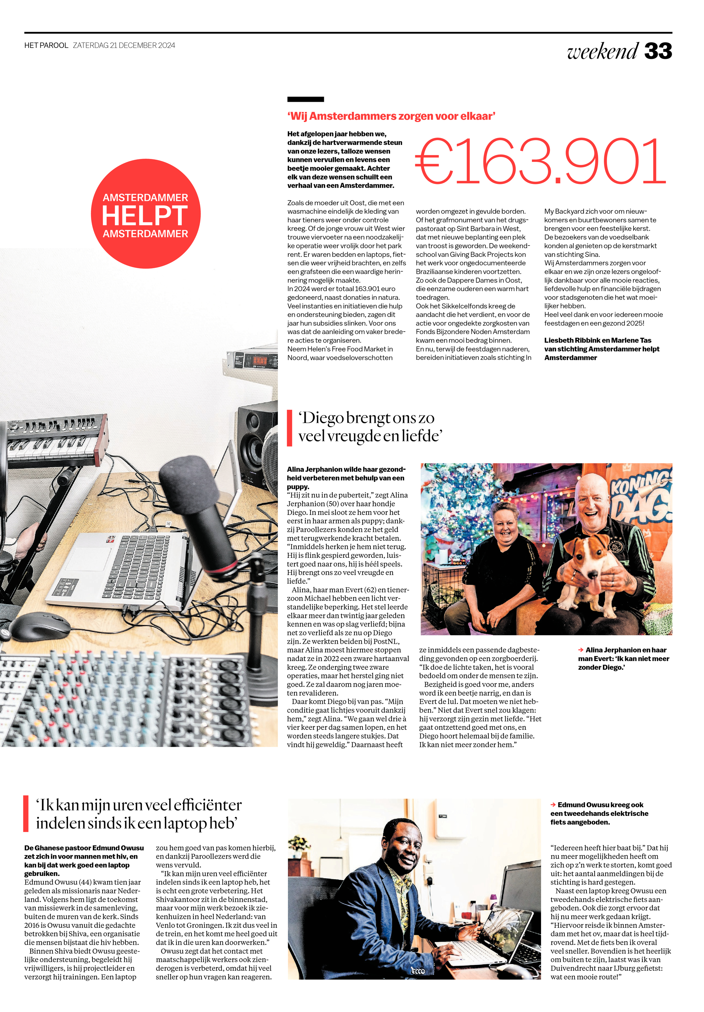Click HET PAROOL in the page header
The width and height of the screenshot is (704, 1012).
[x=46, y=46]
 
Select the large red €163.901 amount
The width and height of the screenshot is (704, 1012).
[x=540, y=161]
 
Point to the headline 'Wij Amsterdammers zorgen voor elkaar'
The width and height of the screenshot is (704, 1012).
[x=391, y=116]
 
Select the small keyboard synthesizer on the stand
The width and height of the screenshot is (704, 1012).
[x=55, y=441]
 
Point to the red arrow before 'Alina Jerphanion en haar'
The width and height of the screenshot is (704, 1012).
[x=581, y=650]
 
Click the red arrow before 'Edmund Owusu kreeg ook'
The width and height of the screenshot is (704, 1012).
[x=553, y=805]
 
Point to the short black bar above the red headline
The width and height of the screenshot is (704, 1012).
[x=305, y=99]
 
